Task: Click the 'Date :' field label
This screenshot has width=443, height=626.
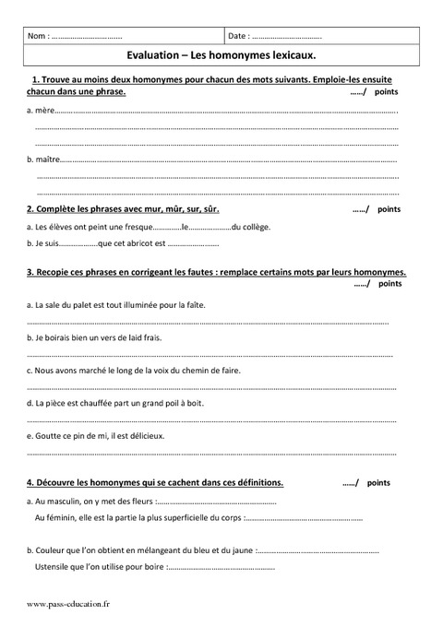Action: (237, 37)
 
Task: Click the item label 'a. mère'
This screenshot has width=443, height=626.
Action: (41, 111)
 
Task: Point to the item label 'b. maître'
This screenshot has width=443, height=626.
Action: (43, 160)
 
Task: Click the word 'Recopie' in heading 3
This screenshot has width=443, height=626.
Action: (52, 273)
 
